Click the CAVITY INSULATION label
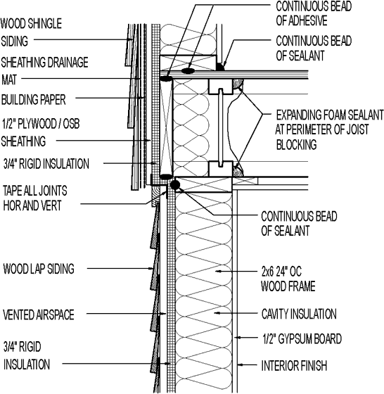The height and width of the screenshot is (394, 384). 299,314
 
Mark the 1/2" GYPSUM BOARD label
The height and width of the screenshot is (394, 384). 301,339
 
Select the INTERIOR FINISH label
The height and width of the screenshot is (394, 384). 294,366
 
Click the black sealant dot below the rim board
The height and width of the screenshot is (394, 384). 175,184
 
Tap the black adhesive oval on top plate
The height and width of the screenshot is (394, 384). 188,70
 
